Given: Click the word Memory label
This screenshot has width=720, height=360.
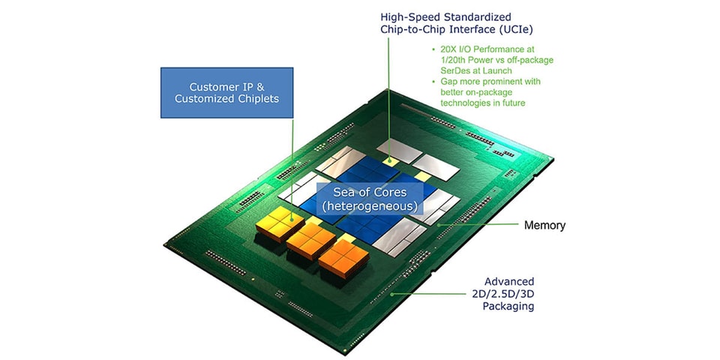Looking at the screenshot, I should click(x=544, y=225).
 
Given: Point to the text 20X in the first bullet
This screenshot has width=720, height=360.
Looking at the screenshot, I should click(x=442, y=50).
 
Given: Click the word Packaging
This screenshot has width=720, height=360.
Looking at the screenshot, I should click(x=509, y=306).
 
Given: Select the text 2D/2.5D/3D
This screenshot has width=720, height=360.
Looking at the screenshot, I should click(x=509, y=293).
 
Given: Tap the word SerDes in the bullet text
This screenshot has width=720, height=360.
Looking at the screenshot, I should click(x=445, y=71).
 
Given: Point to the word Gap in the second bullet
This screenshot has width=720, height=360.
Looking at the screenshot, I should click(x=441, y=82).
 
